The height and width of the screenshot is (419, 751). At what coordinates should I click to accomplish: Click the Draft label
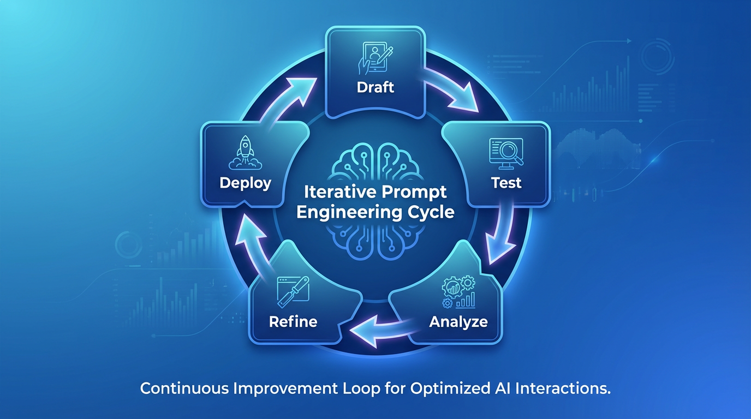pyautogui.click(x=375, y=87)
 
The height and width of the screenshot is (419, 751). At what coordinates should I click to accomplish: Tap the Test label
pyautogui.click(x=506, y=183)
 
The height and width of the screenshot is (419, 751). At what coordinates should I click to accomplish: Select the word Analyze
pyautogui.click(x=458, y=321)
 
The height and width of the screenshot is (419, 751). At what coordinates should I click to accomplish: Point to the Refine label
pyautogui.click(x=293, y=321)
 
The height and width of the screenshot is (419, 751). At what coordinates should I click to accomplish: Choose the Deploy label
pyautogui.click(x=245, y=183)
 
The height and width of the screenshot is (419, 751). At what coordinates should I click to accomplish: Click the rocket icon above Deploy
pyautogui.click(x=245, y=152)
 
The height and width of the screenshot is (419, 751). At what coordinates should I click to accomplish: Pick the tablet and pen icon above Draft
pyautogui.click(x=375, y=58)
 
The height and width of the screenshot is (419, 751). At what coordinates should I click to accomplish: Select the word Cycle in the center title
pyautogui.click(x=433, y=212)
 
